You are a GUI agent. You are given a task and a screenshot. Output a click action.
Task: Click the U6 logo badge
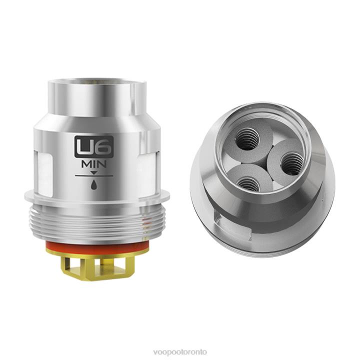94,146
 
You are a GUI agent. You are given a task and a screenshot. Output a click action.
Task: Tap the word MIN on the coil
94,164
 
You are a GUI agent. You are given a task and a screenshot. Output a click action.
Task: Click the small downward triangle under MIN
94,172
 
